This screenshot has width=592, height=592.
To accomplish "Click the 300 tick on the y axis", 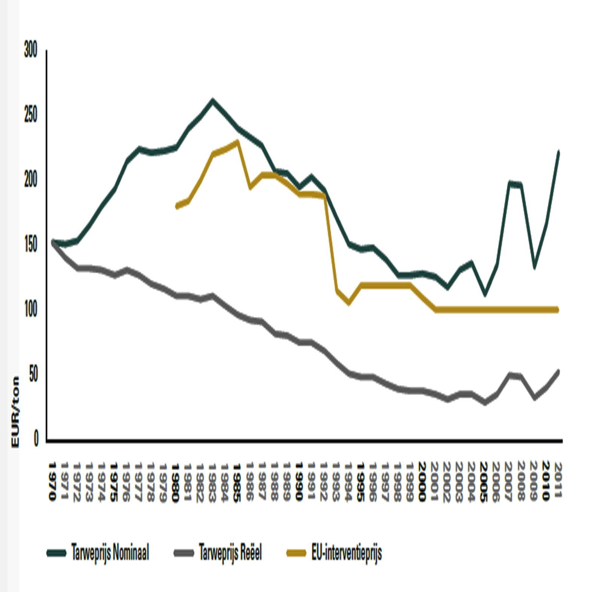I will click(x=31, y=50).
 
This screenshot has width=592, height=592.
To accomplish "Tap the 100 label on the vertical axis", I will click(x=31, y=310).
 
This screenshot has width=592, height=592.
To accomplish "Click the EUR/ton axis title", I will click(x=15, y=412).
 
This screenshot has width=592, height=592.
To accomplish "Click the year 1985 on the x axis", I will click(x=237, y=482).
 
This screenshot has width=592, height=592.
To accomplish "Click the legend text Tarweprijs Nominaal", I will click(x=110, y=553).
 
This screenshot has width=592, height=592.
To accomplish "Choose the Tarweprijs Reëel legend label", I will click(x=230, y=553).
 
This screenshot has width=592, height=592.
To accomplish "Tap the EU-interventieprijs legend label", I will click(x=346, y=553).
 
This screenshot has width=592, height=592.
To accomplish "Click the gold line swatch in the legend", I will click(x=296, y=553).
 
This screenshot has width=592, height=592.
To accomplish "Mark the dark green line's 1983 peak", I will click(x=213, y=101).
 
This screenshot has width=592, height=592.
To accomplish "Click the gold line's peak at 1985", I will click(x=237, y=142).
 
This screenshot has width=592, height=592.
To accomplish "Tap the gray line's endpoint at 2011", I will click(x=558, y=371).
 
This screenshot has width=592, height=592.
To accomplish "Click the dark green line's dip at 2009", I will click(x=534, y=267).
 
